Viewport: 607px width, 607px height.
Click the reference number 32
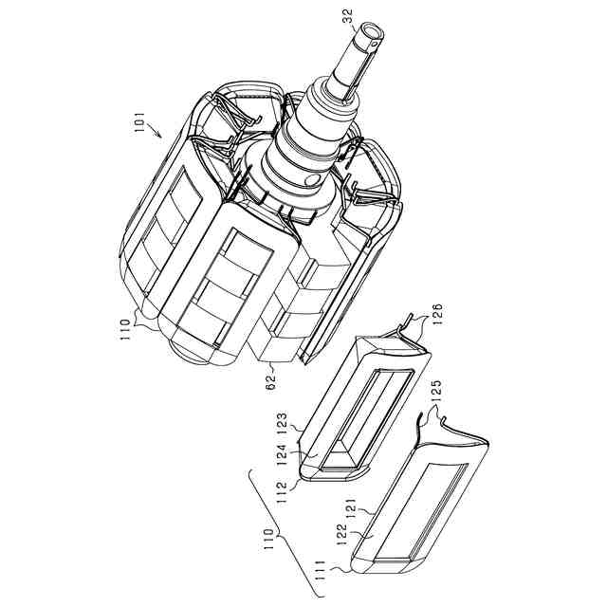348,16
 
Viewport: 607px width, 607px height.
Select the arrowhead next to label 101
158,134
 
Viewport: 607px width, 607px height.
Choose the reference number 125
435,393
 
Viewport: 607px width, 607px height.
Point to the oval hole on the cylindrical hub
314,179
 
